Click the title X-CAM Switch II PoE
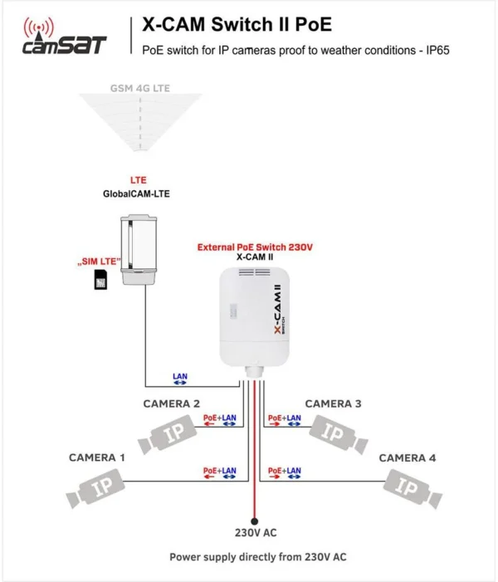[237, 23]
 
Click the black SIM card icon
[100, 281]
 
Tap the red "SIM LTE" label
[99, 262]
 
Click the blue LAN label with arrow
[180, 379]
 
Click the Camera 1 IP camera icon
[100, 487]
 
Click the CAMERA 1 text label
[97, 457]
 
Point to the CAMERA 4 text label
[408, 457]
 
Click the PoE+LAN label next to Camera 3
[285, 418]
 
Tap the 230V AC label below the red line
[257, 532]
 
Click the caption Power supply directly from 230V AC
[257, 558]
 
